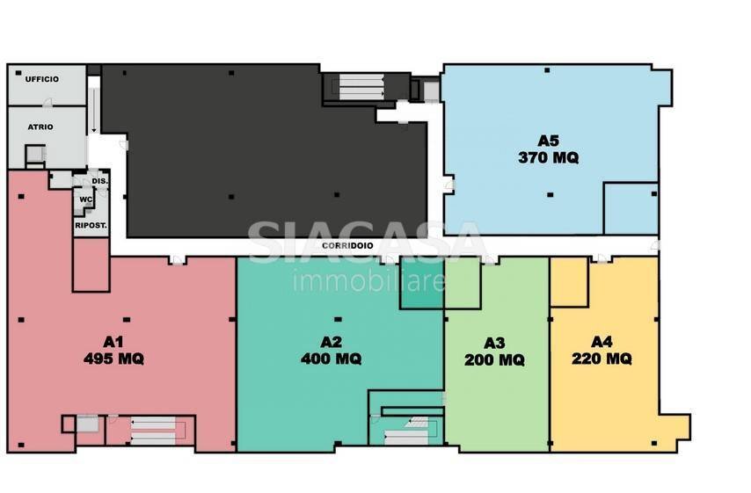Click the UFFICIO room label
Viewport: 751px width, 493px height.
coord(42,79)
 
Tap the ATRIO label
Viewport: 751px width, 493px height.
coord(40,127)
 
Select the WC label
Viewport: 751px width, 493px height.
coord(86,199)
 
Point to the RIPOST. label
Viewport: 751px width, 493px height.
coord(91,225)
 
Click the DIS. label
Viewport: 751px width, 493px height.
coord(100,181)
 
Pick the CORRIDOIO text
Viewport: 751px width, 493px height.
coord(347,245)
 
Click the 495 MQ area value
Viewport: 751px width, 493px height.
coord(113,359)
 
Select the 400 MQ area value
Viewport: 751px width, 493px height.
coord(331,359)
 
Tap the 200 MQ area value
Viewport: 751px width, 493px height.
coord(494,359)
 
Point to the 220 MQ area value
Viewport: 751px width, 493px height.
coord(602,358)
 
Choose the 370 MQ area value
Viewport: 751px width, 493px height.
coord(549,157)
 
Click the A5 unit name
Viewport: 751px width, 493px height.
coord(549,141)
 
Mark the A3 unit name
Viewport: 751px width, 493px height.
coord(494,344)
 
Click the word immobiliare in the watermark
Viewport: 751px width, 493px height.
coord(368,280)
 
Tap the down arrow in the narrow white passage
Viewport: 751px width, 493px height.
coord(94,110)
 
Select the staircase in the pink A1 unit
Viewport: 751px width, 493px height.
coord(153,431)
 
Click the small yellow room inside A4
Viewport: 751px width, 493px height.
coord(569,281)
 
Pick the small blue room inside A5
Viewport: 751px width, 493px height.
coord(631,208)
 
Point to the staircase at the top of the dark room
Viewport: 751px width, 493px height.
coord(361,86)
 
